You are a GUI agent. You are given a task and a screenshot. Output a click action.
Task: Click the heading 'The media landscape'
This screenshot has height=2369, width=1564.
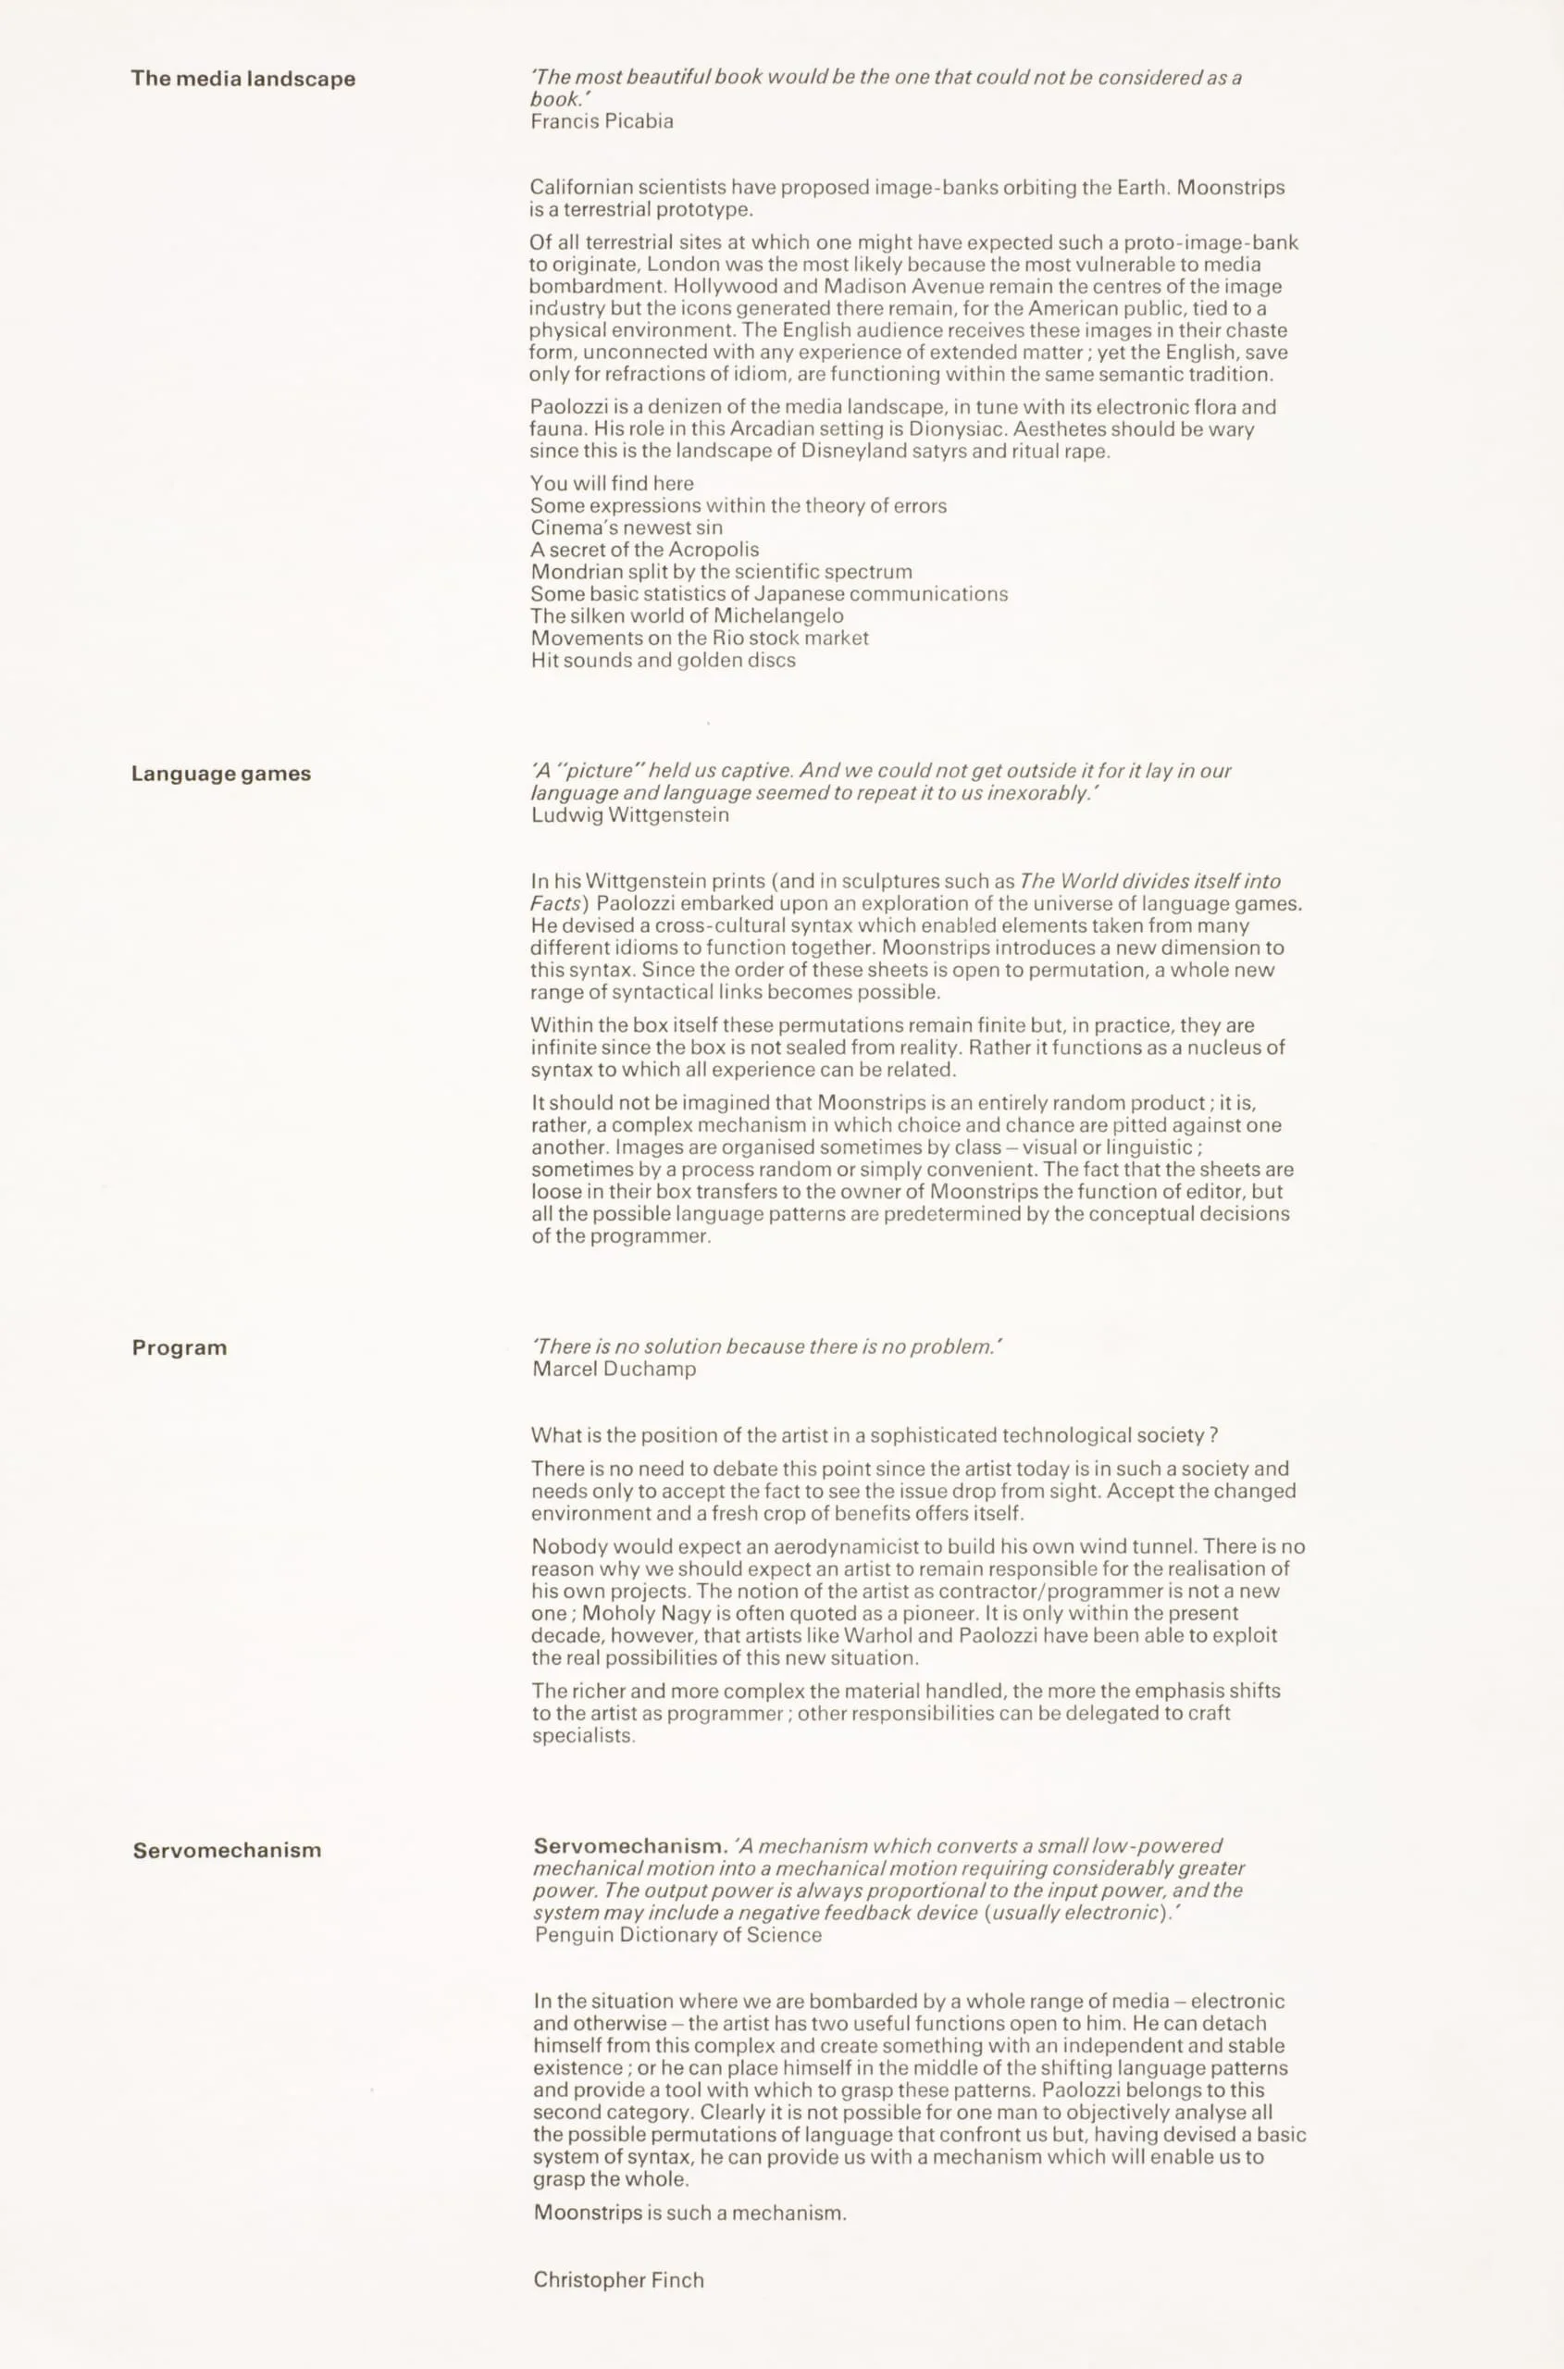click(242, 79)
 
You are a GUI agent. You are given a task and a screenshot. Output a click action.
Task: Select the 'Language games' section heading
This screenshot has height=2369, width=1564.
click(220, 774)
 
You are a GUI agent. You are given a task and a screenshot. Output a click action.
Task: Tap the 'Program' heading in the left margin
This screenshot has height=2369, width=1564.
click(180, 1347)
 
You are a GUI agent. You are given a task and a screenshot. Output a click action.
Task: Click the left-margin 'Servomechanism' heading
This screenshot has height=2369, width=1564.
click(228, 1850)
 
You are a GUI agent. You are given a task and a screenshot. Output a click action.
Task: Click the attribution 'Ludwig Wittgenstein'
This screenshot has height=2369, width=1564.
click(629, 815)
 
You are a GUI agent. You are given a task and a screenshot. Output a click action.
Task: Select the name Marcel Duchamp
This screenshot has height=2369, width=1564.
click(614, 1369)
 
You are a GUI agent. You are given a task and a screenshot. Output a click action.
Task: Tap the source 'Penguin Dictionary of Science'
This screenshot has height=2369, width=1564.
click(678, 1935)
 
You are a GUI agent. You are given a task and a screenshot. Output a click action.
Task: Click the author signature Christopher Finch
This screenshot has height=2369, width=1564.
click(618, 2279)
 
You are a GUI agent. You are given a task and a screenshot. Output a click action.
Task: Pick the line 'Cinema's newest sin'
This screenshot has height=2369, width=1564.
click(627, 527)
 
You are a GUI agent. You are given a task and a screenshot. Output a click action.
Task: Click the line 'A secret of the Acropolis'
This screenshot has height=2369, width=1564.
click(644, 550)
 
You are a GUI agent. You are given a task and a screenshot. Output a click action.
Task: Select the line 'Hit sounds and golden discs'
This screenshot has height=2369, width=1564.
click(663, 661)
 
